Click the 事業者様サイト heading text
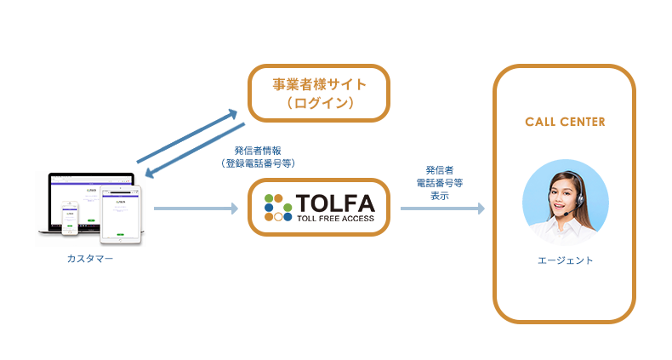click(319, 84)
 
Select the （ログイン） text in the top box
click(319, 104)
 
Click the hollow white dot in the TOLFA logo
click(278, 217)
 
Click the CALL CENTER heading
click(565, 122)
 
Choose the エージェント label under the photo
click(565, 260)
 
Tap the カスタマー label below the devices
click(90, 258)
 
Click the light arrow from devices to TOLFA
click(196, 208)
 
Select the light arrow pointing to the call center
click(441, 208)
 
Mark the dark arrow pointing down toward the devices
click(195, 151)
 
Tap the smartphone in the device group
click(73, 216)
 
